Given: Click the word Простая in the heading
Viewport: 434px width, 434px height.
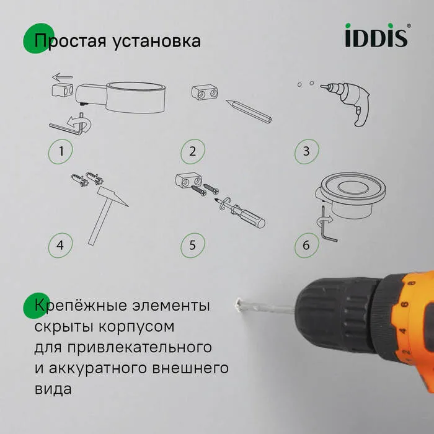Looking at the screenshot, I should point(68,42).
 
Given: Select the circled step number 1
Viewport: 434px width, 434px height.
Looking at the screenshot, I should point(61,151).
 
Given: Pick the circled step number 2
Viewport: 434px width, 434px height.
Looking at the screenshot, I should point(193,151).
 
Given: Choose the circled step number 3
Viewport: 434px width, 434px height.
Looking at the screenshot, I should point(306,151).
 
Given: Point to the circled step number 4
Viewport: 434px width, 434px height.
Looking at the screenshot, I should point(60,244).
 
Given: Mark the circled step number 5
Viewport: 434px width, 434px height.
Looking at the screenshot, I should point(192,244).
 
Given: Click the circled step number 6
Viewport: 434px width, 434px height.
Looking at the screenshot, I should point(306,244).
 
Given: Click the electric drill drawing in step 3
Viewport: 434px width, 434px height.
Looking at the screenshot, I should point(351,102).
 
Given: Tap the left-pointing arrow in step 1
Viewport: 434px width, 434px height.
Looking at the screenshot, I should point(63,77).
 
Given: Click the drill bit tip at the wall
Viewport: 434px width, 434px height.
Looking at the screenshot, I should point(238,304).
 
